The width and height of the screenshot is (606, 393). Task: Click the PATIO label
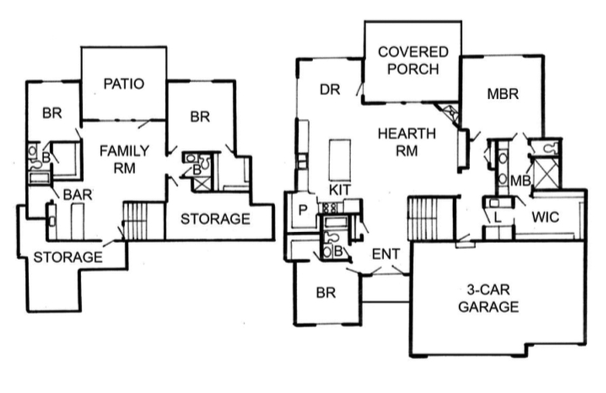tap(124, 84)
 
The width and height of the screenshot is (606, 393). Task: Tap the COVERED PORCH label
tap(413, 60)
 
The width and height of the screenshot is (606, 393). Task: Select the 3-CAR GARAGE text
tap(488, 298)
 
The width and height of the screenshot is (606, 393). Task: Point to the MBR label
tap(503, 94)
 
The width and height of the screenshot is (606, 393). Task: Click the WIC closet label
tap(545, 217)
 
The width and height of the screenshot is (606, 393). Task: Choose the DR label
tap(329, 90)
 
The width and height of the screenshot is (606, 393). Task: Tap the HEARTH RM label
tap(406, 142)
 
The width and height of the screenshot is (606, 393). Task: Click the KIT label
tap(340, 190)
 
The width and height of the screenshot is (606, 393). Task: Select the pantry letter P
tap(303, 210)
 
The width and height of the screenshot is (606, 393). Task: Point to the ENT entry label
tap(386, 254)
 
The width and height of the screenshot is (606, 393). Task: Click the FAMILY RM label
tap(124, 159)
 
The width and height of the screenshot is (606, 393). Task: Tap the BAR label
tap(77, 195)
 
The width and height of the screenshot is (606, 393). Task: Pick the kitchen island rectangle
tap(340, 160)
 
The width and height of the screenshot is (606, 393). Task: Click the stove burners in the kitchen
tap(329, 208)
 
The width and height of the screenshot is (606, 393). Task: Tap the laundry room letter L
tap(498, 217)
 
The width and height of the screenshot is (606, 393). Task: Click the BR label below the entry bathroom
tap(325, 293)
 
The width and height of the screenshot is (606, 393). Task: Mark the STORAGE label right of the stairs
tap(215, 219)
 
